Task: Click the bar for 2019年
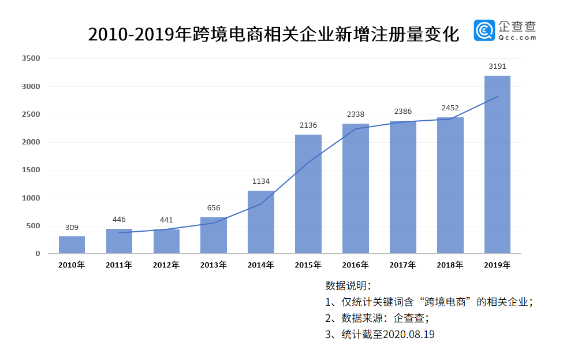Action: pyautogui.click(x=497, y=165)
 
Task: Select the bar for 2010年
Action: pyautogui.click(x=72, y=245)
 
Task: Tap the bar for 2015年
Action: pyautogui.click(x=308, y=194)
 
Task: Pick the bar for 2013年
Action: pyautogui.click(x=214, y=235)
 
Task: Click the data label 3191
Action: pyautogui.click(x=497, y=66)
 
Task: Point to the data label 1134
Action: pyautogui.click(x=261, y=181)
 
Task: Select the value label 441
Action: pyautogui.click(x=166, y=220)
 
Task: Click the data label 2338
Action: pyautogui.click(x=355, y=114)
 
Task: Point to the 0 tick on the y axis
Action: pyautogui.click(x=38, y=254)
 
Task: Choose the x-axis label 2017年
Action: pyautogui.click(x=402, y=265)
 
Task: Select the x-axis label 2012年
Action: pyautogui.click(x=166, y=265)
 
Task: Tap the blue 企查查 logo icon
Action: pyautogui.click(x=484, y=31)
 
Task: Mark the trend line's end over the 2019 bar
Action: pyautogui.click(x=498, y=97)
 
